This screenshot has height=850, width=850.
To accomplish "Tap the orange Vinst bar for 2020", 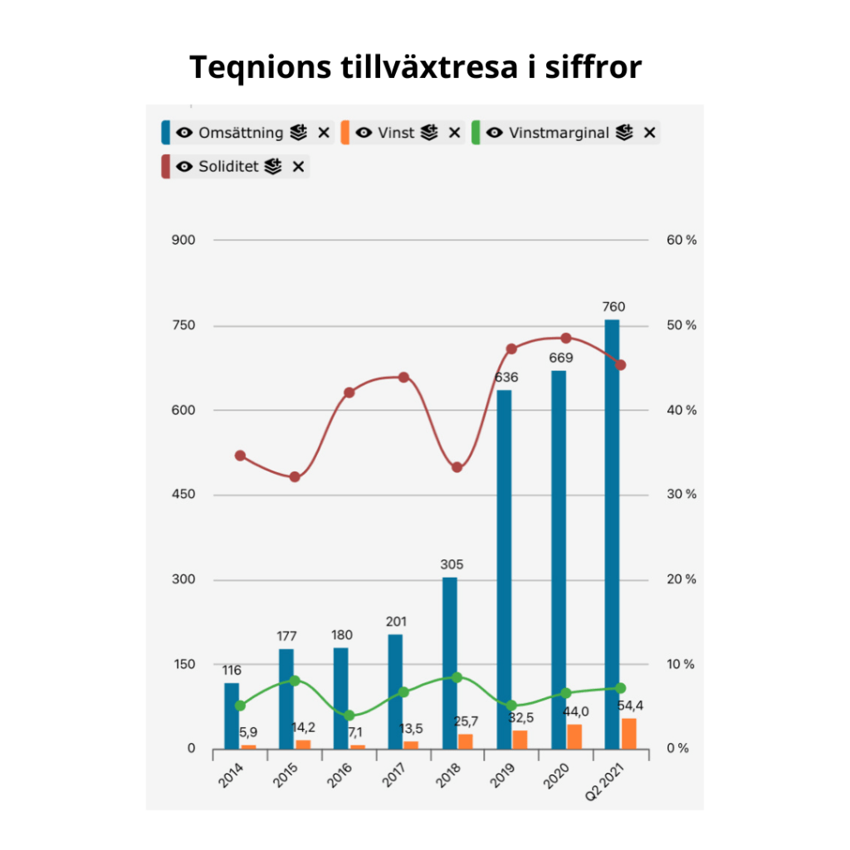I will pyautogui.click(x=574, y=736).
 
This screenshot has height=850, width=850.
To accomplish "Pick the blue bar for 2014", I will pyautogui.click(x=232, y=716).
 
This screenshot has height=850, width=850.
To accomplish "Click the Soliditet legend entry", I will pyautogui.click(x=228, y=167).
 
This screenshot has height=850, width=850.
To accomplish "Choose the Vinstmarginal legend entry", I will pyautogui.click(x=559, y=133).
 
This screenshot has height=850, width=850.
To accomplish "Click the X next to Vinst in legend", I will pyautogui.click(x=454, y=133).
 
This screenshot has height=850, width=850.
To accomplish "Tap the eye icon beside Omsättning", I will pyautogui.click(x=185, y=133).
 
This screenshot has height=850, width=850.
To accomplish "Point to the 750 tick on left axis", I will pyautogui.click(x=183, y=325).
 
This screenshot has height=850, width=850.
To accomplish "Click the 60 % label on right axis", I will pyautogui.click(x=681, y=241).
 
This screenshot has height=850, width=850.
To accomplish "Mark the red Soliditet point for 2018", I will pyautogui.click(x=457, y=467).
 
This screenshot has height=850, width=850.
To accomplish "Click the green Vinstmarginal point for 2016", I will pyautogui.click(x=349, y=716).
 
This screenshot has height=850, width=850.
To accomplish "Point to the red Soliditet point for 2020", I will pyautogui.click(x=565, y=339).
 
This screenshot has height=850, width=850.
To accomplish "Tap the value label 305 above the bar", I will pyautogui.click(x=452, y=564).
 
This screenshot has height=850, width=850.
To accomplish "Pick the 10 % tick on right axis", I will pyautogui.click(x=681, y=664).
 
